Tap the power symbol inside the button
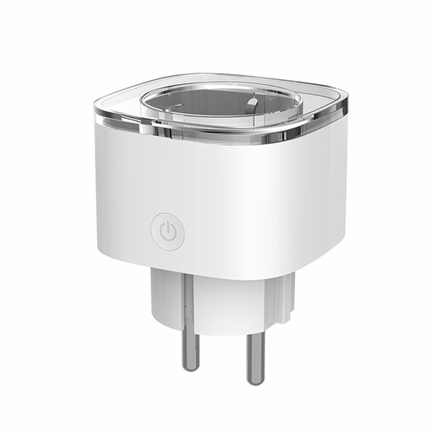click(167, 231)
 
